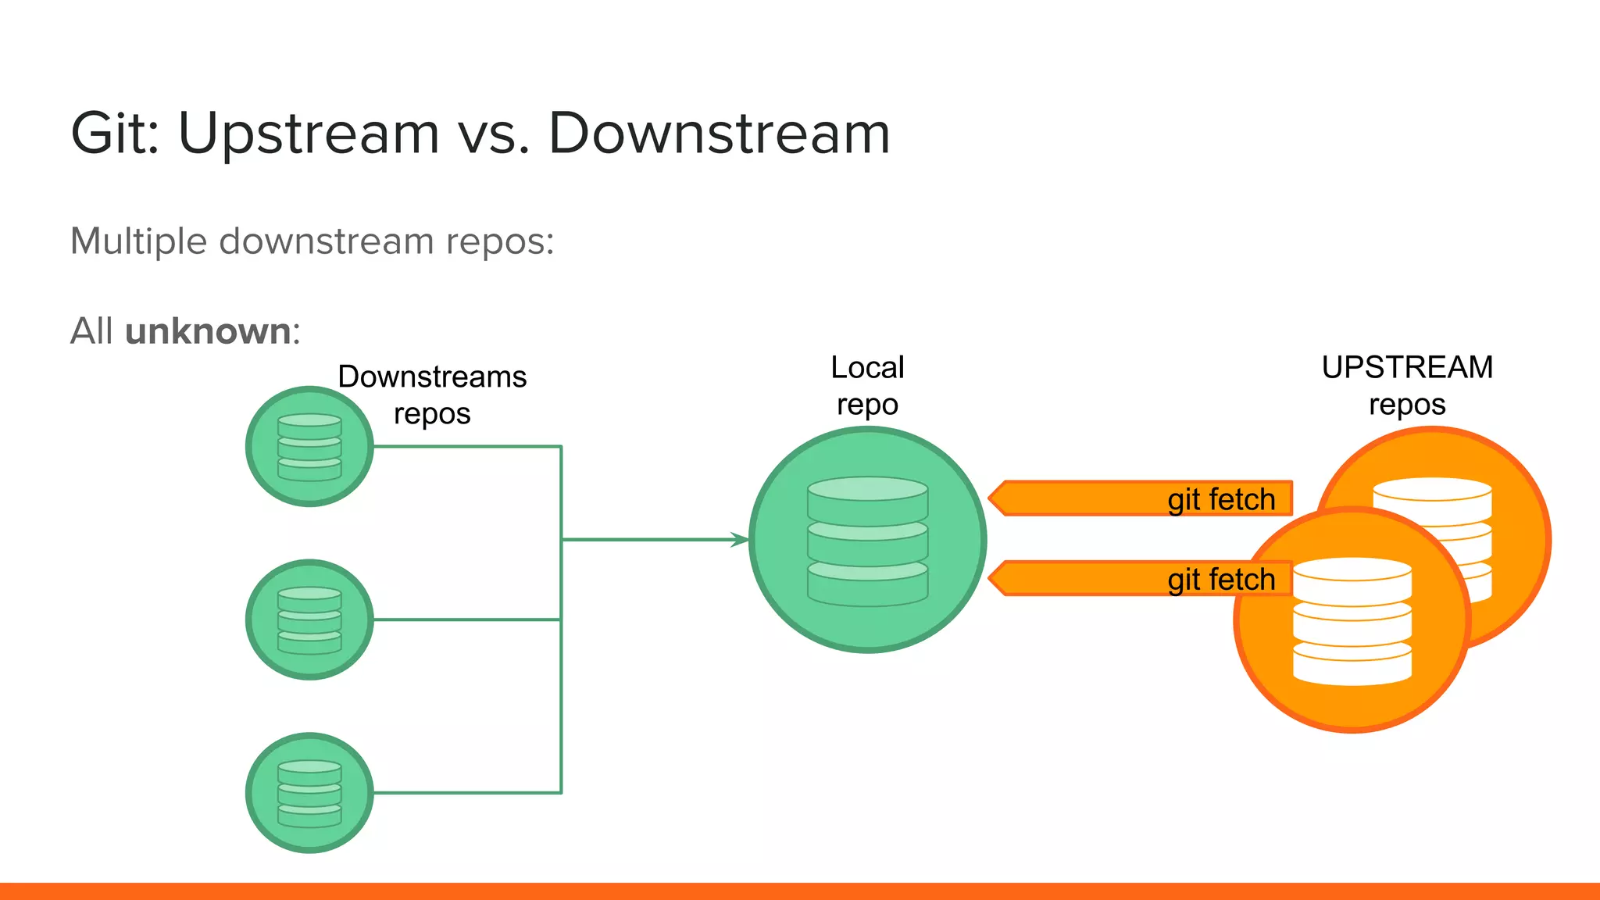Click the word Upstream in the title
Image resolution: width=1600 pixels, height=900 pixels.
[x=309, y=134]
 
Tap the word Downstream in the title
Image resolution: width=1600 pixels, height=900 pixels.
[x=719, y=133]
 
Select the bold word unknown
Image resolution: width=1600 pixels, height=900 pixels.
[x=208, y=331]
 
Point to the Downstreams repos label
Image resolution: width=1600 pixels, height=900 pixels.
[x=432, y=395]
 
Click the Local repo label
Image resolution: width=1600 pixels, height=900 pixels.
[x=867, y=386]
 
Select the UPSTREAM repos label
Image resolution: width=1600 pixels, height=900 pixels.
[x=1407, y=386]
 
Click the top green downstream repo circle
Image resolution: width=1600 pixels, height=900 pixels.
[x=309, y=447]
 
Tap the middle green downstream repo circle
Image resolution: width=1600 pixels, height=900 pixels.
[x=309, y=620]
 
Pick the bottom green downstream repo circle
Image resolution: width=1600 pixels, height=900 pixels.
[x=309, y=793]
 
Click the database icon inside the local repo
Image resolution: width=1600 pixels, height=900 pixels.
[x=867, y=541]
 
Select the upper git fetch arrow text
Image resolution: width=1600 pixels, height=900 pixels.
[x=1221, y=499]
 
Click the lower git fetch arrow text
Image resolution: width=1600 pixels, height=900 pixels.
[x=1221, y=580]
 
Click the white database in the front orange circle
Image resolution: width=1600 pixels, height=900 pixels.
[x=1352, y=621]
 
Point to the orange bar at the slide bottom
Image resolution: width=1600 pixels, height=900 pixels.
[x=800, y=891]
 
